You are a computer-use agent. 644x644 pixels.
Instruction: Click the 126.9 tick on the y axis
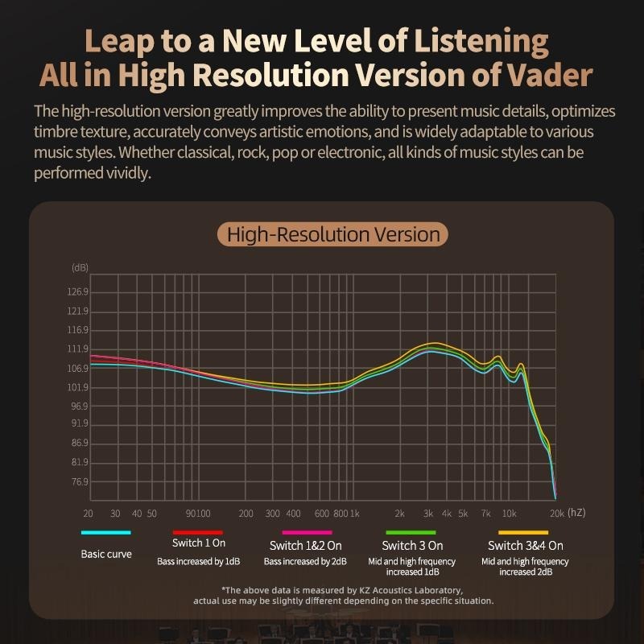tap(78, 291)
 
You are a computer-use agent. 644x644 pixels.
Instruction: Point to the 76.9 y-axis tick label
tap(78, 481)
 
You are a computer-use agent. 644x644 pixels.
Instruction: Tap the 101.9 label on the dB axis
tap(78, 387)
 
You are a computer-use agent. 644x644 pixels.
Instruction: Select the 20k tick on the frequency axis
tap(555, 513)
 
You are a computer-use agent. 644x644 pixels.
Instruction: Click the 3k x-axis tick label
tap(428, 513)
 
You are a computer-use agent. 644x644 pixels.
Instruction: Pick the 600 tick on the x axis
tap(322, 513)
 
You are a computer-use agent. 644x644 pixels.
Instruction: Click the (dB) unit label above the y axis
tap(80, 267)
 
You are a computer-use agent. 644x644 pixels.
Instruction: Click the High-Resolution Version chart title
tap(333, 235)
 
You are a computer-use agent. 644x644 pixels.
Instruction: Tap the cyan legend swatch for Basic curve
tap(105, 532)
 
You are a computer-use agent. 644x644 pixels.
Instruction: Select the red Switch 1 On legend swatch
tap(198, 532)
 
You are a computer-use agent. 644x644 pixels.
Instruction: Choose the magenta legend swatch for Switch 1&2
tap(307, 532)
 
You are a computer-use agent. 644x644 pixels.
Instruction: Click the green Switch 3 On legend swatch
tap(411, 532)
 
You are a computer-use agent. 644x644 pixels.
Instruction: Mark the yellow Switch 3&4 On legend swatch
tap(525, 532)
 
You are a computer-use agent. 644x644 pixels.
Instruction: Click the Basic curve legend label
tap(105, 554)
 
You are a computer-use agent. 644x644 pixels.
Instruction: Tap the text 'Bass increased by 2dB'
tap(306, 561)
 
